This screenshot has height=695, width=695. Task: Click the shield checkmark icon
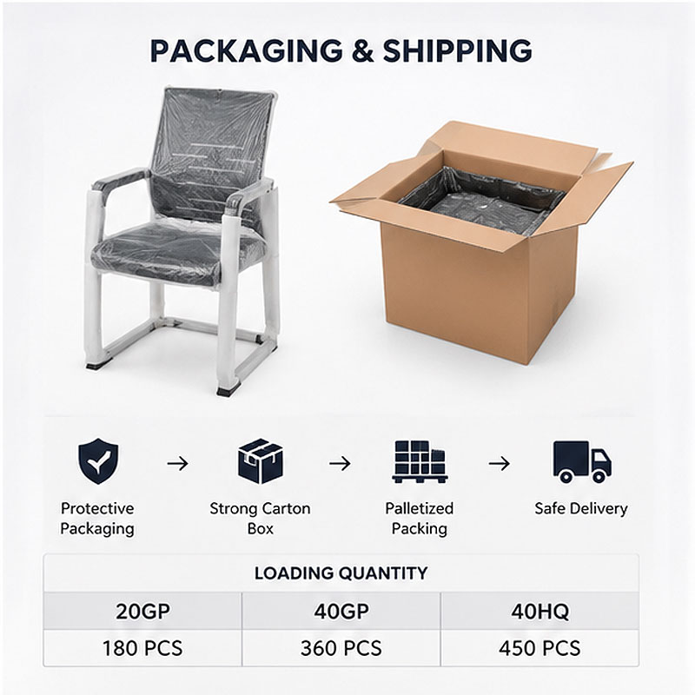98,461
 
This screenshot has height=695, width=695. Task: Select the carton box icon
260,461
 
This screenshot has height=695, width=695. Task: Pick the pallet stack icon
420,461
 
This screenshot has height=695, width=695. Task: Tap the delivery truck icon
582,461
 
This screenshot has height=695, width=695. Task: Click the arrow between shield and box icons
178,464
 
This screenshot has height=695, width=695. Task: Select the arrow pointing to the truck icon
499,464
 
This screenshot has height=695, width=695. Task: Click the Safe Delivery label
581,509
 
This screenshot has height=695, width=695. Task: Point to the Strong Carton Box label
260,518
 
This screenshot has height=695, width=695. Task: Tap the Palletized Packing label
420,518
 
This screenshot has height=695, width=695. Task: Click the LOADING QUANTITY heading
341,573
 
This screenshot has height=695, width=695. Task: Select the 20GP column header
142,612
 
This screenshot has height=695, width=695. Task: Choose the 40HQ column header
539,612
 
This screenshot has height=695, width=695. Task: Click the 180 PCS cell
142,648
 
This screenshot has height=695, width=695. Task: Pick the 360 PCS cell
341,648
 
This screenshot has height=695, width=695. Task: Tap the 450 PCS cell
539,648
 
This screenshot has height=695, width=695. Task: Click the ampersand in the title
362,50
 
